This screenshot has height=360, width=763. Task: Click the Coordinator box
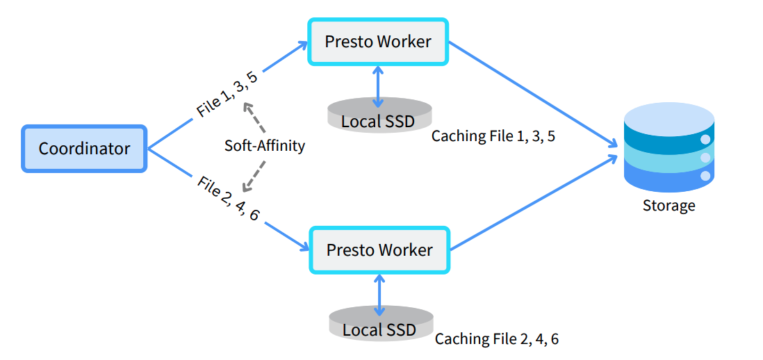click(x=84, y=148)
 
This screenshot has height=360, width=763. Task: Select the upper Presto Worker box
click(x=378, y=42)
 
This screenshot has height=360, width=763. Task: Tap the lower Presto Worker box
click(x=379, y=249)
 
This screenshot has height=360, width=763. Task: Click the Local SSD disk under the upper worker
click(x=378, y=115)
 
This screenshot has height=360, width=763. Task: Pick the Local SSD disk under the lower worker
click(x=379, y=323)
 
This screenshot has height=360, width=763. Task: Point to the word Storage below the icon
click(x=668, y=206)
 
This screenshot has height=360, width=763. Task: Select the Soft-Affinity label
click(x=265, y=146)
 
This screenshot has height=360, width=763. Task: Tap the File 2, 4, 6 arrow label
click(x=229, y=199)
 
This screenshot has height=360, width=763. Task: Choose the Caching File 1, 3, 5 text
click(x=493, y=136)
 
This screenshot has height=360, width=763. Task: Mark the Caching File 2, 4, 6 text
click(x=496, y=339)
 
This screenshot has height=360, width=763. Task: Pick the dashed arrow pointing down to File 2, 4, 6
click(x=254, y=174)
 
